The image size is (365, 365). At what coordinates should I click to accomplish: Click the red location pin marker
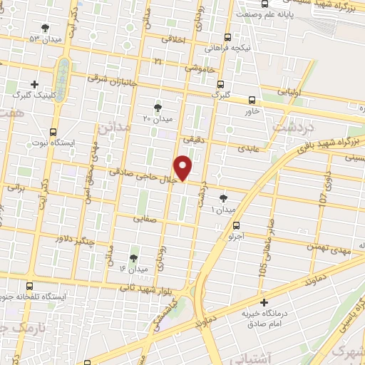click(184, 168)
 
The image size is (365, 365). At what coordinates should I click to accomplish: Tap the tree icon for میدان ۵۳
click(46, 28)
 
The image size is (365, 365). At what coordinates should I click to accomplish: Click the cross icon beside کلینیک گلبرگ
click(35, 84)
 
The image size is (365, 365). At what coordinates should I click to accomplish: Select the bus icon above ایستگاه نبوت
click(54, 132)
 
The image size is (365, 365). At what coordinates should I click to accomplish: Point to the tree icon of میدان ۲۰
click(158, 107)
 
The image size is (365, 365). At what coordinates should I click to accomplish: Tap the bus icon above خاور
click(251, 101)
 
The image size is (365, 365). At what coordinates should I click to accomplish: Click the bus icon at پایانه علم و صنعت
click(264, 4)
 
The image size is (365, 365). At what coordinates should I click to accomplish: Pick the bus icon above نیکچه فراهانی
click(227, 38)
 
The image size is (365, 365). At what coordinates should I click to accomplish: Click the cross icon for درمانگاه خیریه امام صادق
click(264, 303)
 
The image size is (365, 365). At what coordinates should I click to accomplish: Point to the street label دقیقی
click(193, 140)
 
